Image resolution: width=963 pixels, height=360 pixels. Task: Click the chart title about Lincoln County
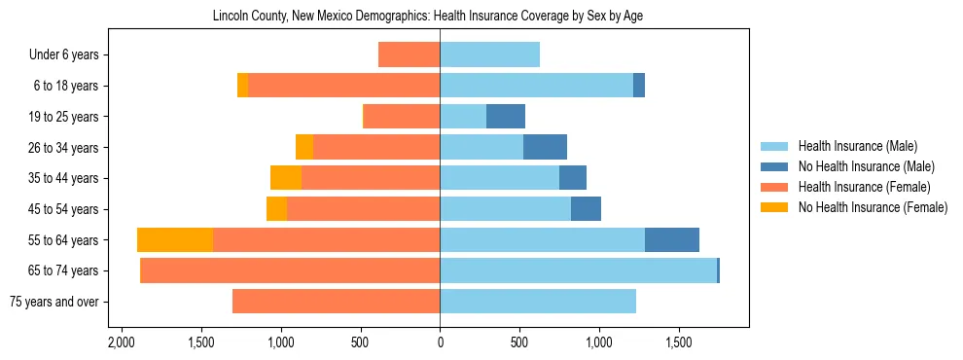(427, 17)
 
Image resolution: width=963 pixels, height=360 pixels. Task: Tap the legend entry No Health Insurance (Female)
(872, 207)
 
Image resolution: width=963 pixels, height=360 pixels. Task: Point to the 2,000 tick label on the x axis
(122, 342)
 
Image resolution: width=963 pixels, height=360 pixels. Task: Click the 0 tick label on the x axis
(440, 342)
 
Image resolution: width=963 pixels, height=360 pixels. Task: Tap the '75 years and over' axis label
(53, 302)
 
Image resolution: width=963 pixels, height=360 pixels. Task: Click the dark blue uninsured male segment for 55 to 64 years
(672, 240)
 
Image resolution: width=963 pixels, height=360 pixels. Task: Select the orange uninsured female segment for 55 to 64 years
(175, 240)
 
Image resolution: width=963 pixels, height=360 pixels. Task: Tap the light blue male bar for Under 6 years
(489, 55)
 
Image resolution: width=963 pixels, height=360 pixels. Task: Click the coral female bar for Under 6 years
(409, 55)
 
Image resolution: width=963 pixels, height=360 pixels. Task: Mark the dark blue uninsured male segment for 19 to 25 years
(506, 117)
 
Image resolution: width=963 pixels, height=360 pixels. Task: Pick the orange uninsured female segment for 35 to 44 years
(286, 178)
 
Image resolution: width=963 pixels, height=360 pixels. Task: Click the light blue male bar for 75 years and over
(538, 302)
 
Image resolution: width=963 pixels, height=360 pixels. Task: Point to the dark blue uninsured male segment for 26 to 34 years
(545, 148)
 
